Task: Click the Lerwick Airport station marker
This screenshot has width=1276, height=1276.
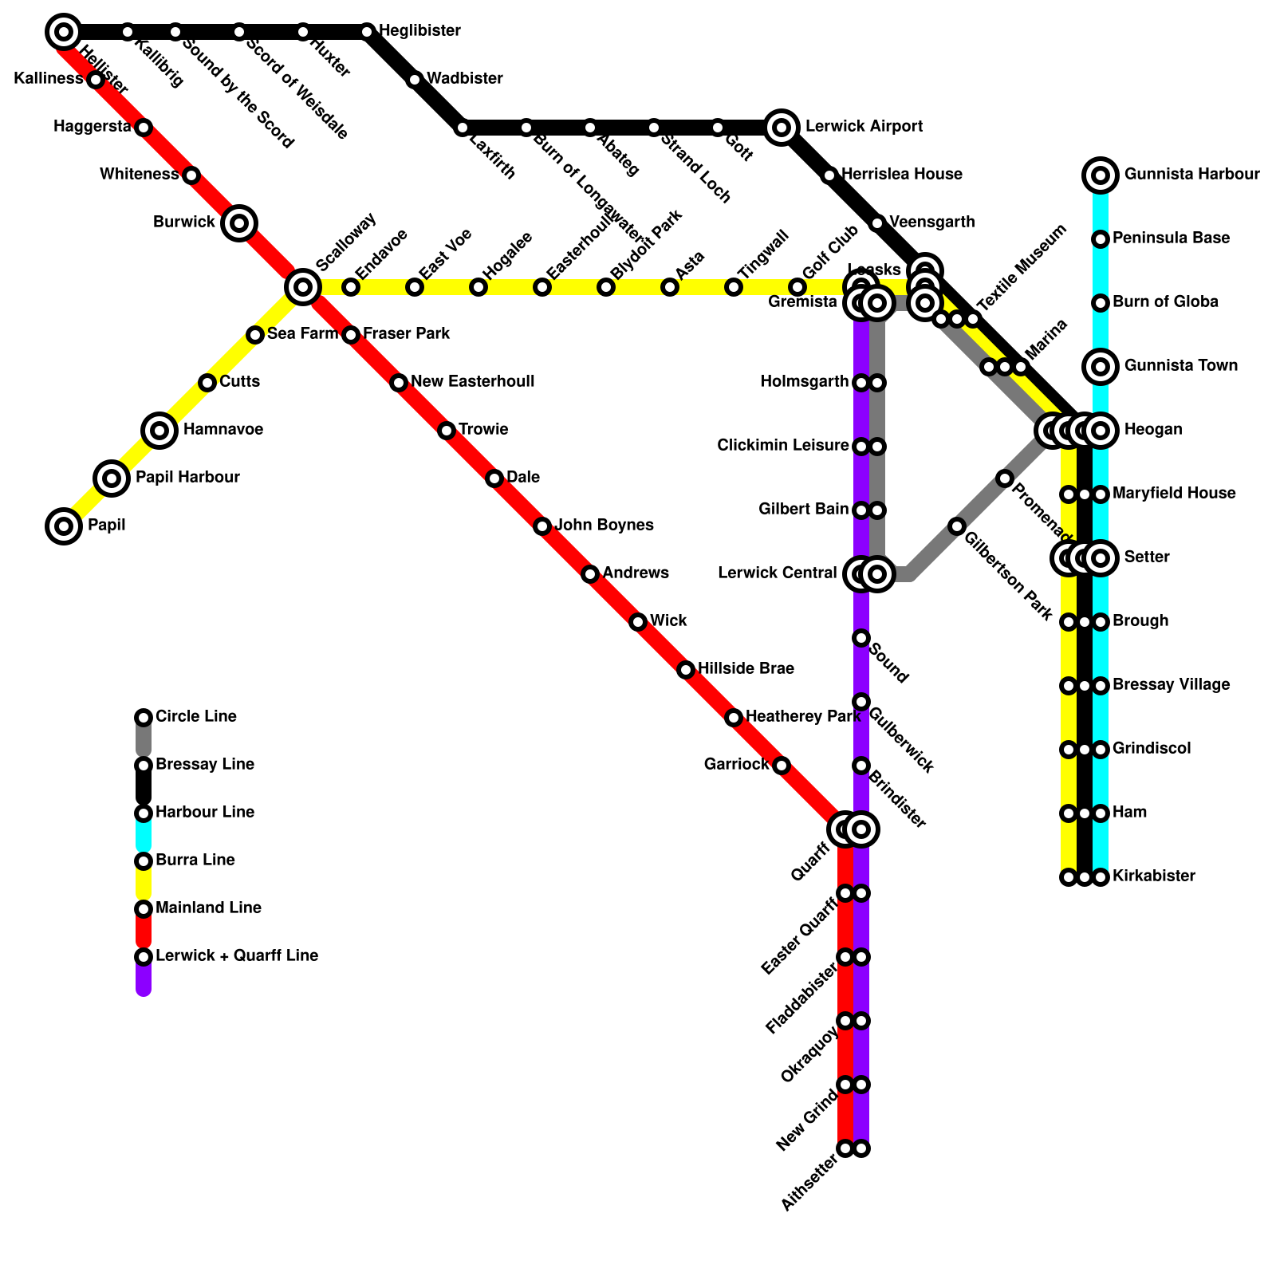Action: pyautogui.click(x=782, y=127)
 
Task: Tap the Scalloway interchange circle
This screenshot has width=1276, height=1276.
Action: pyautogui.click(x=303, y=286)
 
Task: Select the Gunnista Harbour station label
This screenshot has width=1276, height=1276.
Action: pyautogui.click(x=1191, y=174)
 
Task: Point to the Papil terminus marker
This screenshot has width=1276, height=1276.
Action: pyautogui.click(x=64, y=526)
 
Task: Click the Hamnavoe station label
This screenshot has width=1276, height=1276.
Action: pyautogui.click(x=223, y=430)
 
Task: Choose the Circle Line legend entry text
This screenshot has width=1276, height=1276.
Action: pyautogui.click(x=195, y=716)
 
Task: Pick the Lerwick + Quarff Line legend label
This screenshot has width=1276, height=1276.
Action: pyautogui.click(x=236, y=955)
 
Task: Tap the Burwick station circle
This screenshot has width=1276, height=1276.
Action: pyautogui.click(x=239, y=223)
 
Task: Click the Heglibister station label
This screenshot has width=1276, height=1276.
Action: pyautogui.click(x=419, y=31)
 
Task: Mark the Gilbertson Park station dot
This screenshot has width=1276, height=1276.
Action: pyautogui.click(x=957, y=526)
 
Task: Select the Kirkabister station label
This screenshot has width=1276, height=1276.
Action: pyautogui.click(x=1153, y=876)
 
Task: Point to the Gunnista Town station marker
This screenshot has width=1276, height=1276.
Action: pyautogui.click(x=1101, y=366)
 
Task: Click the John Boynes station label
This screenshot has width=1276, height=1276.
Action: pyautogui.click(x=604, y=525)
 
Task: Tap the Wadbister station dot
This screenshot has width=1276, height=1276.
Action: pyautogui.click(x=415, y=79)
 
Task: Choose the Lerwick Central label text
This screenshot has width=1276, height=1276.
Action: pyautogui.click(x=777, y=573)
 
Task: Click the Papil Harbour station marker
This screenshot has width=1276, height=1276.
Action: pyautogui.click(x=112, y=478)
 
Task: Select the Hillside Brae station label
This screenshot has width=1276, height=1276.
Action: pyautogui.click(x=746, y=668)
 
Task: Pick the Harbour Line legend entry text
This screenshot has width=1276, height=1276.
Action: pyautogui.click(x=204, y=812)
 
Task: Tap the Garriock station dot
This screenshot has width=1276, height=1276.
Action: pyautogui.click(x=782, y=766)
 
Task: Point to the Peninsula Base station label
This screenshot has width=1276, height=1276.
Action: pyautogui.click(x=1171, y=238)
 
